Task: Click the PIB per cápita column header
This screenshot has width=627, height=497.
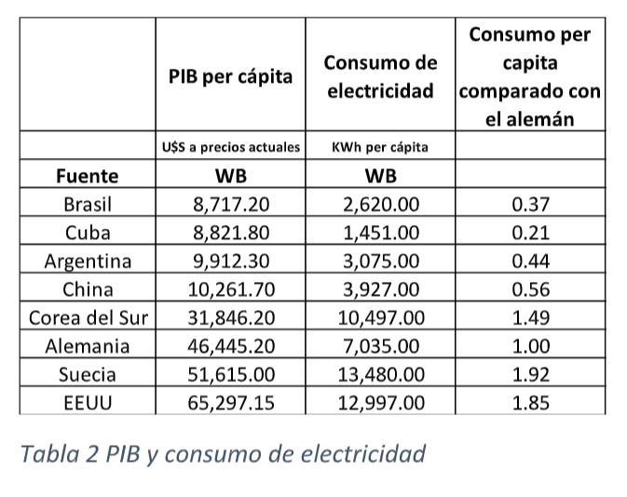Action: coord(230,76)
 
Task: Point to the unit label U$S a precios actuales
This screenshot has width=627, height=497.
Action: coord(230,146)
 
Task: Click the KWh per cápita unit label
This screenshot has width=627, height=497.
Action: coord(380,146)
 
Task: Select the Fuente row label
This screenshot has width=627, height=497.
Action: coord(88,175)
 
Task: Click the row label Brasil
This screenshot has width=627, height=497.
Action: coord(88,204)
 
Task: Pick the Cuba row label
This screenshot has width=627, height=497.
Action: coord(88,232)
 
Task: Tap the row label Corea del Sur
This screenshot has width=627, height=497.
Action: coord(88,317)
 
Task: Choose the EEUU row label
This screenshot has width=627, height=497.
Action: coord(88,403)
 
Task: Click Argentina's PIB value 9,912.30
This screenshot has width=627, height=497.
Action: coord(230,261)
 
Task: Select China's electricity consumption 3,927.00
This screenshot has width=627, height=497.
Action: coord(380,289)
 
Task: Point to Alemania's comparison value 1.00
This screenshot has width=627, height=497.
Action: coord(530,346)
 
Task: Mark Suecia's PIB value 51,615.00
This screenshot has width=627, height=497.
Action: coord(230,374)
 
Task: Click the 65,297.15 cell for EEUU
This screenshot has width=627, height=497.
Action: coord(230,403)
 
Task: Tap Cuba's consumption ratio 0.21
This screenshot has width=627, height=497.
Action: coord(530,232)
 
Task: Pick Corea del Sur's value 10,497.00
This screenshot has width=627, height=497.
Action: coord(380,317)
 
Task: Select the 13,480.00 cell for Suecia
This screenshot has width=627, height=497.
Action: coord(380,374)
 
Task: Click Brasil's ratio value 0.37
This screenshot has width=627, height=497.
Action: coord(530,204)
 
